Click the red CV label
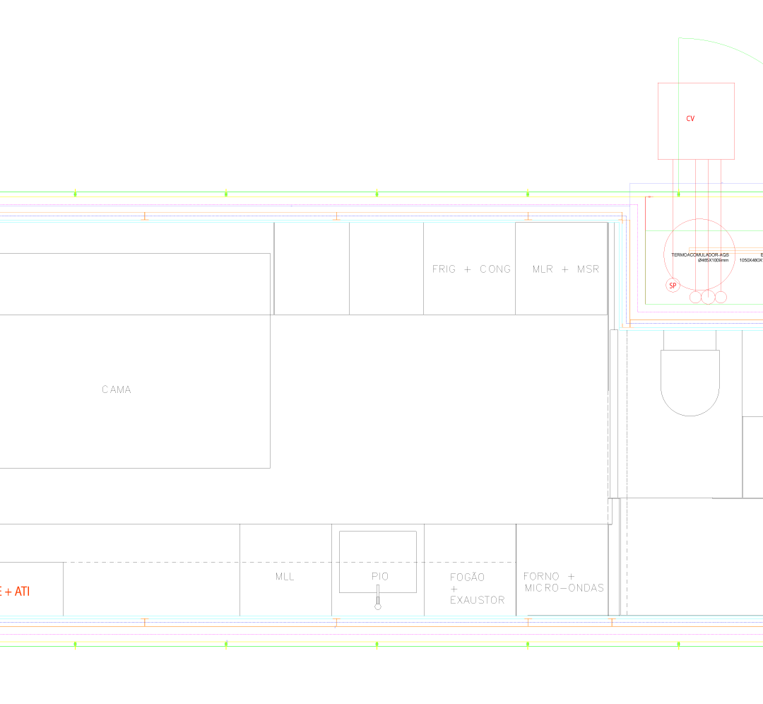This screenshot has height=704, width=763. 690,119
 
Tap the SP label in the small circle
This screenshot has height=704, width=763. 673,285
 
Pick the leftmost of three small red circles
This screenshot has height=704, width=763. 696,297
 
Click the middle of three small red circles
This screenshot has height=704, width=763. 709,297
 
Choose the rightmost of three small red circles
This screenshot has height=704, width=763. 721,297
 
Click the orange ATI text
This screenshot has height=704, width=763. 21,591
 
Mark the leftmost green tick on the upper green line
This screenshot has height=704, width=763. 76,192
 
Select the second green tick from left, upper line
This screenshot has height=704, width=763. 226,192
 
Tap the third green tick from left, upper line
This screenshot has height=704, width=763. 377,192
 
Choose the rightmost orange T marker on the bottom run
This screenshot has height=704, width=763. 612,621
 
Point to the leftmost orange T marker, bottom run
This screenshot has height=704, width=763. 145,621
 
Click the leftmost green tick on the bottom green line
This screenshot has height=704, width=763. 76,645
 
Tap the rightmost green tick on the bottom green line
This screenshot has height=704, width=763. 678,645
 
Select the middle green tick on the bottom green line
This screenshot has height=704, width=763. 377,645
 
